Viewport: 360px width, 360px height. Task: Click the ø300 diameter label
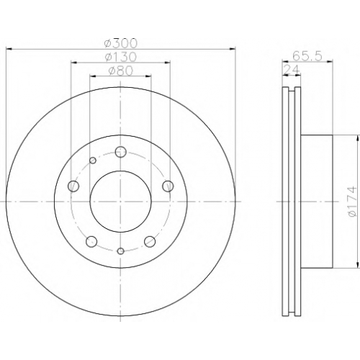[121, 43]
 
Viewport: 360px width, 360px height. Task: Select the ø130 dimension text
[121, 57]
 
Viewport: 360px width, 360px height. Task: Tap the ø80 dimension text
[121, 71]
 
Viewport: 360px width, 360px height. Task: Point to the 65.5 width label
[307, 57]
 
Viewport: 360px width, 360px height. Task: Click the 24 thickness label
[292, 70]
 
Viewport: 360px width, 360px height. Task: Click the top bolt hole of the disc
[121, 152]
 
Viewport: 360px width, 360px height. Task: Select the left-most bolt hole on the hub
[73, 186]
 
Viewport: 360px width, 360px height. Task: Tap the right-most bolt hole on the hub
[168, 186]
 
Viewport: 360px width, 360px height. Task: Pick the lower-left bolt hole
[91, 241]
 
